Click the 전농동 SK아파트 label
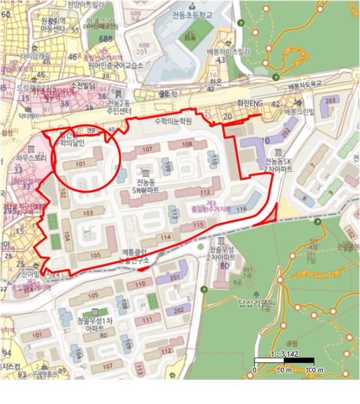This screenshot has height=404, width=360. (145, 185)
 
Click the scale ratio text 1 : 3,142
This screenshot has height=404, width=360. (283, 353)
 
